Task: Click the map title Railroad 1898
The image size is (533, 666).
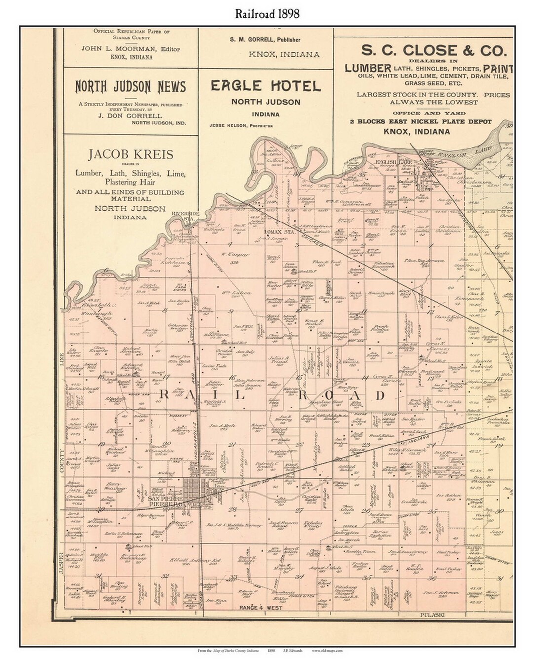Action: click(266, 14)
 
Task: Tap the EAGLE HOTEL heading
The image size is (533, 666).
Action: click(266, 86)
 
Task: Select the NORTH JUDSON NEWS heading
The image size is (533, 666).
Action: click(130, 87)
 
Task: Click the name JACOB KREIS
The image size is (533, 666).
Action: click(130, 155)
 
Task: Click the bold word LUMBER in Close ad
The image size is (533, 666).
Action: click(368, 68)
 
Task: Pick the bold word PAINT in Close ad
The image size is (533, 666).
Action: click(498, 68)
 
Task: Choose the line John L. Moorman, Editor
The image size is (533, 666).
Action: click(130, 49)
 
